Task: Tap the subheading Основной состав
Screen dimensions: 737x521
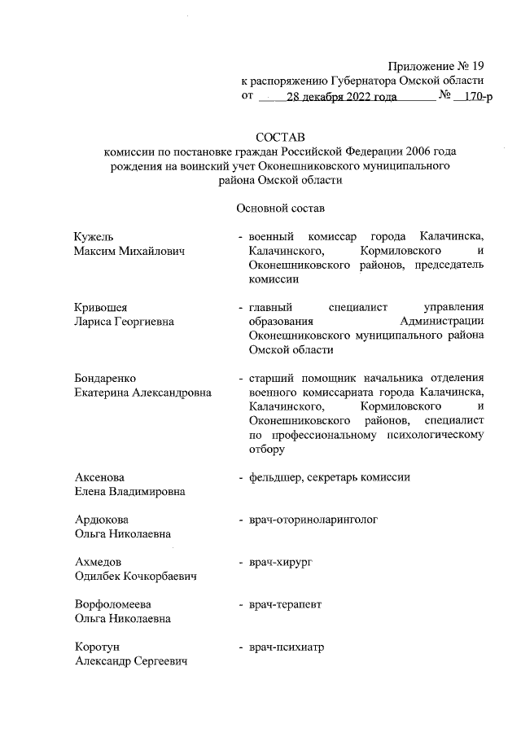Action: coord(279,208)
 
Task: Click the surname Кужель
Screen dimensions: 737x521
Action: coord(90,235)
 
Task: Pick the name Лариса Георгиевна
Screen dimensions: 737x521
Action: coord(122,321)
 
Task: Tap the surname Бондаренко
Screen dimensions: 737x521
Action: coord(103,378)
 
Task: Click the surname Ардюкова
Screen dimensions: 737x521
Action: coord(100,520)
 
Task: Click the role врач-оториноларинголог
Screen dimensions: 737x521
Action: coord(313,520)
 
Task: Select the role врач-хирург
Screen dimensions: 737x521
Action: coord(282,562)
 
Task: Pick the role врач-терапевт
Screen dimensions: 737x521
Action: coord(286,604)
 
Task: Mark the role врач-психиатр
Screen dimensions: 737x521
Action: coord(287,647)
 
